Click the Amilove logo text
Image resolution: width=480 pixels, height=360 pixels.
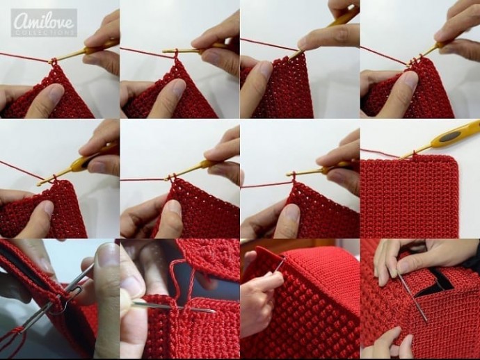(x=44, y=21)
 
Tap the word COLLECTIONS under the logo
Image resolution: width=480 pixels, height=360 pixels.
(x=44, y=33)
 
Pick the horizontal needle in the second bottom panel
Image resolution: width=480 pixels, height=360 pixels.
(x=174, y=306)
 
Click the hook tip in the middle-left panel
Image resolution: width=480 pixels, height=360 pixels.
(x=38, y=184)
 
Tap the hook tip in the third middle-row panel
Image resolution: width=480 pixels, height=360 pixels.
(x=288, y=174)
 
